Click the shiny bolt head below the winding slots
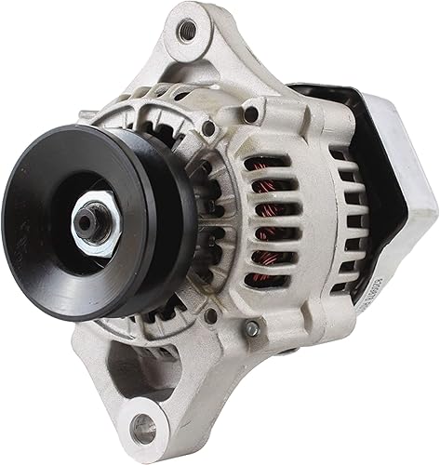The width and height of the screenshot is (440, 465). point(251,327)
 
